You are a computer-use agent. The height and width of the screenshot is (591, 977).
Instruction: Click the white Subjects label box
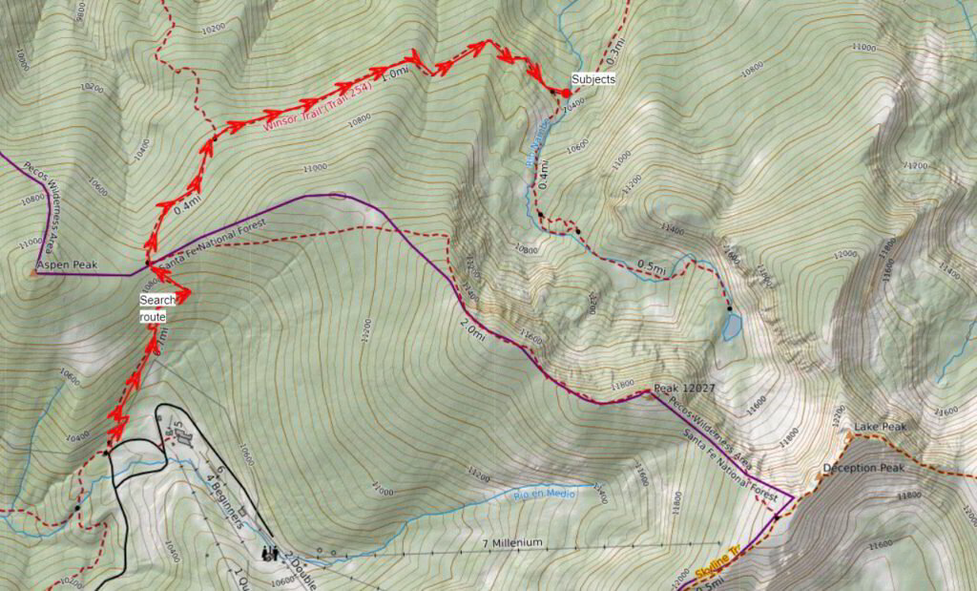[592, 79]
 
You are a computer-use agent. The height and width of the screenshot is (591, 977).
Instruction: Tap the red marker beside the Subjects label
[565, 93]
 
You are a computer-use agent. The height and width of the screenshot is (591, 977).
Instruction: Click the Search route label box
[157, 307]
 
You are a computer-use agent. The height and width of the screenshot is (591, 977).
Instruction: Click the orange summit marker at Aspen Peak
[33, 272]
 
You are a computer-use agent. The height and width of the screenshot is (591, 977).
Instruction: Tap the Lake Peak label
[881, 426]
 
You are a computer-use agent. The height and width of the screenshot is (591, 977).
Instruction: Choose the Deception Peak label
[863, 469]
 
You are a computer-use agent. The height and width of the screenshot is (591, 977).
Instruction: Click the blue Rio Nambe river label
[536, 144]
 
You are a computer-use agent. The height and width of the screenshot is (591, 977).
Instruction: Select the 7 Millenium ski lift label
[513, 542]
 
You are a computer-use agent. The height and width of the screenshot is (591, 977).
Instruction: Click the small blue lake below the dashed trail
[732, 327]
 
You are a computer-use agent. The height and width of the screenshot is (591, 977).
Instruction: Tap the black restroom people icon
[270, 552]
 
